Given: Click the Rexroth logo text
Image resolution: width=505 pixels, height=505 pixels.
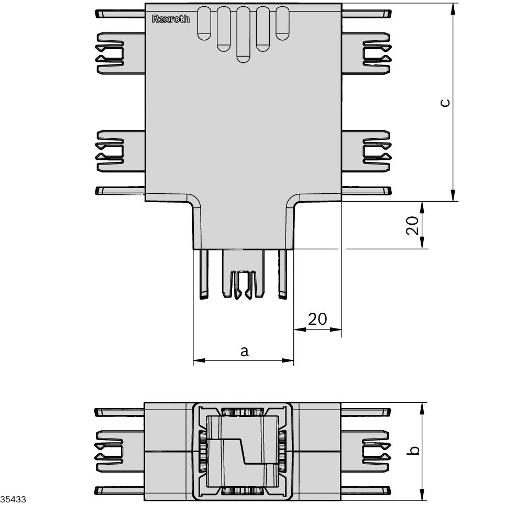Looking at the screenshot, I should tap(171, 19).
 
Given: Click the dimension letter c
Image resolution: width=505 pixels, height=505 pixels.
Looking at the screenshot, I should tap(444, 103).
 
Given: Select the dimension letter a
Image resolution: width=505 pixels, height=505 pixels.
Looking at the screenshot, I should tap(244, 352).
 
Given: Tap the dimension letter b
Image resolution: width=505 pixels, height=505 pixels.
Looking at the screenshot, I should tap(414, 451).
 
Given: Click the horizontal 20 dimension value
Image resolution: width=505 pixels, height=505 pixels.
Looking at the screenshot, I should tap(317, 319).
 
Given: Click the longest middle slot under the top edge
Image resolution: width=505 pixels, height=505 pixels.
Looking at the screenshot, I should tap(243, 35).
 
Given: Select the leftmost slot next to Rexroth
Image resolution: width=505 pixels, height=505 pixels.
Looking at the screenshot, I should tap(204, 23).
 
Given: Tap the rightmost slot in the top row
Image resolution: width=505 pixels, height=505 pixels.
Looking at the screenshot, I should tap(282, 23).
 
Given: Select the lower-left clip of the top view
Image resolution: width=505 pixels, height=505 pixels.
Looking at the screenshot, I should tap(110, 151).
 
